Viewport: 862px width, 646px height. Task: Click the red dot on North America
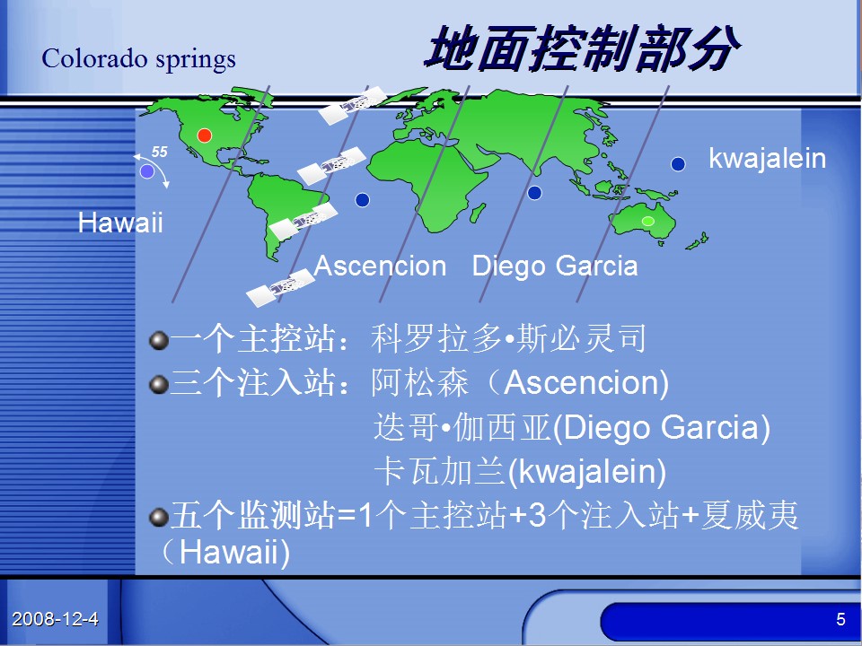(x=204, y=135)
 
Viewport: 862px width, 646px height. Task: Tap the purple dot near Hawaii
(x=146, y=171)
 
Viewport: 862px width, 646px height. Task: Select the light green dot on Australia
(x=648, y=221)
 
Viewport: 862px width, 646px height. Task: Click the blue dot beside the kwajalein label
(x=678, y=163)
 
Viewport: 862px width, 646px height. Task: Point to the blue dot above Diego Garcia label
(x=534, y=193)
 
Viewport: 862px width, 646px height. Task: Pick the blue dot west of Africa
(x=362, y=200)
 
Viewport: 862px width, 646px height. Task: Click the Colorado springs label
(x=138, y=59)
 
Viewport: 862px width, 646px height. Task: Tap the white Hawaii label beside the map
(x=120, y=223)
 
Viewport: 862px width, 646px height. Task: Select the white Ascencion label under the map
(x=380, y=266)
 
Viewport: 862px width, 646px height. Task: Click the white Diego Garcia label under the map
(x=555, y=266)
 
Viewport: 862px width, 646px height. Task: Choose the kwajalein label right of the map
(x=768, y=159)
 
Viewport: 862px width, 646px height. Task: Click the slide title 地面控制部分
(x=582, y=48)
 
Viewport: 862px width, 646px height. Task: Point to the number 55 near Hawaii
(x=160, y=152)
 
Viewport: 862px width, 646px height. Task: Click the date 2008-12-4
(x=55, y=619)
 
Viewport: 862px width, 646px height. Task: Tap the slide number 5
(x=840, y=619)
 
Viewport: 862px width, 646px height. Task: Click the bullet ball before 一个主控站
(x=159, y=341)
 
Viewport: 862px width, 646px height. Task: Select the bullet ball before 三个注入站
(x=159, y=385)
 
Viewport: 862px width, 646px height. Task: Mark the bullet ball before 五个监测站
(x=159, y=518)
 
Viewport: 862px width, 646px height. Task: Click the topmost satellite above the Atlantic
(x=353, y=105)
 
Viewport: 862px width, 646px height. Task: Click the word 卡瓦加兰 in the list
(x=439, y=471)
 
